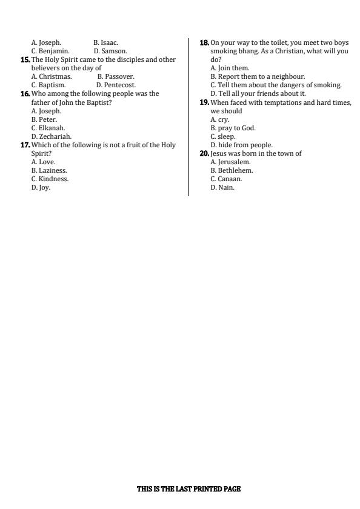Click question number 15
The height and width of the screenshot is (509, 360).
[25, 60]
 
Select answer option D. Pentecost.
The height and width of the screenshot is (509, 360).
[116, 85]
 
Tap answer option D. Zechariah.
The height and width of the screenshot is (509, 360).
[52, 136]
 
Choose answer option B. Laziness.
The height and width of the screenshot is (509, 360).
[49, 170]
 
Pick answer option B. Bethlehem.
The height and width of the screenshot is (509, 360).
[232, 170]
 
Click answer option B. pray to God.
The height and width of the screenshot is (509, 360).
[233, 128]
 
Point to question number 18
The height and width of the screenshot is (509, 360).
[204, 43]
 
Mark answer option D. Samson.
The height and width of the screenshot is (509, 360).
[110, 52]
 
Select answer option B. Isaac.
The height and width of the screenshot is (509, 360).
[105, 43]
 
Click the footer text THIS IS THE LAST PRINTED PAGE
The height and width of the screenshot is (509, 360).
[188, 489]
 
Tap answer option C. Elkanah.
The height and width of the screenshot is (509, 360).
[48, 128]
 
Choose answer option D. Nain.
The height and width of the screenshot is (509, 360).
[222, 187]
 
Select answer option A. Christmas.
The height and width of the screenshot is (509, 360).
[52, 77]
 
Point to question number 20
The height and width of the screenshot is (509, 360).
[204, 153]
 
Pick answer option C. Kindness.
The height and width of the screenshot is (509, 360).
[50, 179]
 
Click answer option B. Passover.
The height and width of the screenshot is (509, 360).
[116, 77]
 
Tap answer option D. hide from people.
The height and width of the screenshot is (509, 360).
[241, 145]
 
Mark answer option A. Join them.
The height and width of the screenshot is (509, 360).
[230, 68]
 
